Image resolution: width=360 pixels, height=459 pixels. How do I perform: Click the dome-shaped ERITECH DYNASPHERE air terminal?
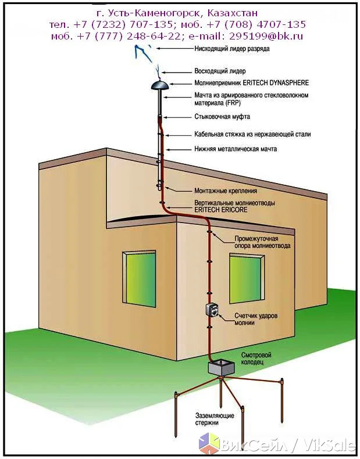point(159,85)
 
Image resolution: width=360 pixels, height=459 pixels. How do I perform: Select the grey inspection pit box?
point(222,368)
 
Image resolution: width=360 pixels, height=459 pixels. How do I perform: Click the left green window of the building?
point(139,279)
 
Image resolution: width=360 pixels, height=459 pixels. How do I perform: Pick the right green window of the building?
point(247,278)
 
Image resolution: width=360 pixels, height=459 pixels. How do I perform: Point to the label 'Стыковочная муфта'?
point(222,117)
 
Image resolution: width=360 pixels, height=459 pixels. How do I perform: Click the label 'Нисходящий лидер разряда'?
point(232,49)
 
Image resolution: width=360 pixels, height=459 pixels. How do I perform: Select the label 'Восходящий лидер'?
point(220,71)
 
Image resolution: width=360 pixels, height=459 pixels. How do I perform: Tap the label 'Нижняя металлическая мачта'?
point(236,149)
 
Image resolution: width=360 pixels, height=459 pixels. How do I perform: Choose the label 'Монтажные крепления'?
point(226,191)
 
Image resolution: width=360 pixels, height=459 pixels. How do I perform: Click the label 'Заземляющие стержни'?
point(215,419)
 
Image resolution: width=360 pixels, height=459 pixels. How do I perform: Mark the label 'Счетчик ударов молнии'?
point(256,319)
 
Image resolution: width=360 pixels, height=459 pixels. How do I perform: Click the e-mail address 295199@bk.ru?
point(266,36)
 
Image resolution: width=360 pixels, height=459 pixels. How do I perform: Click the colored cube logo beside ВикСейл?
point(209,443)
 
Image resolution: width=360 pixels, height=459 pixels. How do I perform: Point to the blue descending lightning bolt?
point(144,54)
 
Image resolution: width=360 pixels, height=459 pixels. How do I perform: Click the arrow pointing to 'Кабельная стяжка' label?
point(178,135)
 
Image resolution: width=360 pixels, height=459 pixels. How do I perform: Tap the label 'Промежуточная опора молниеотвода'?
point(262,242)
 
